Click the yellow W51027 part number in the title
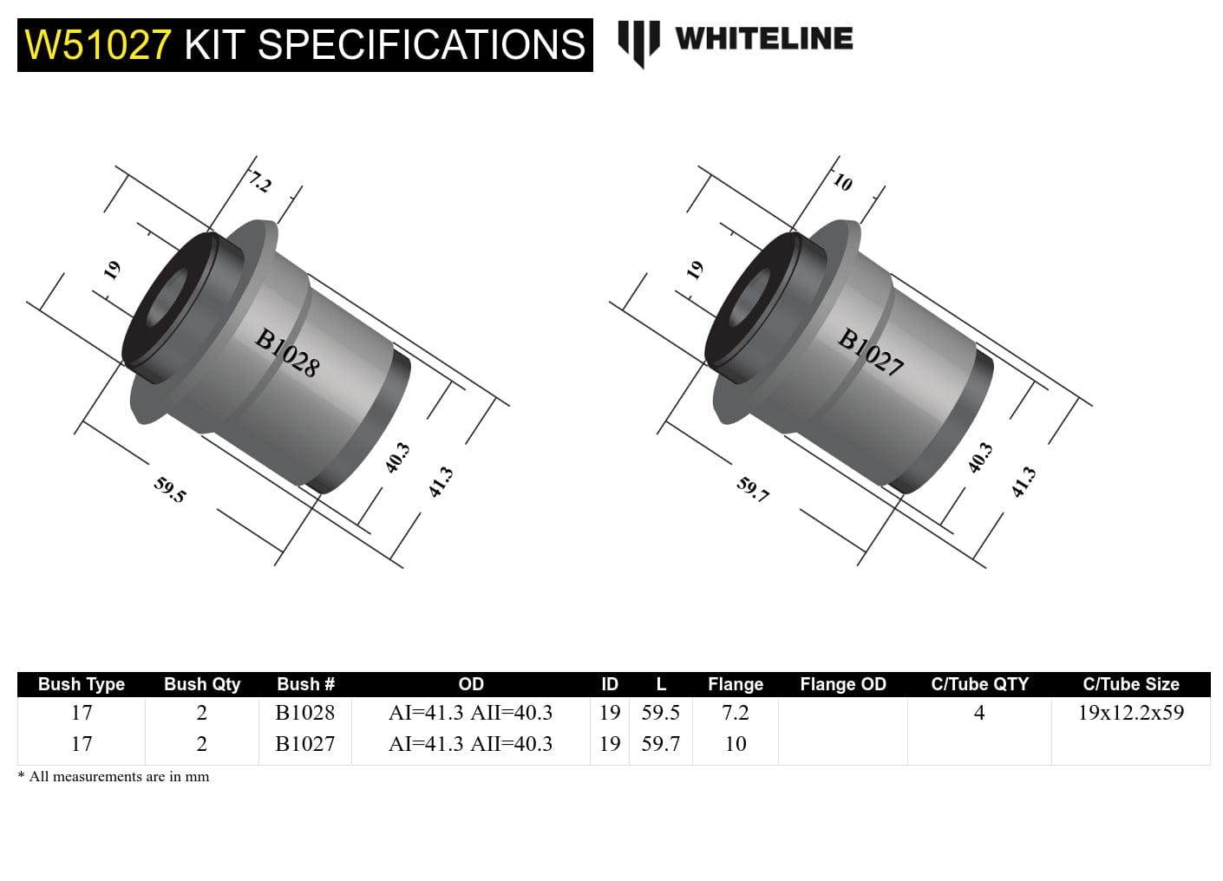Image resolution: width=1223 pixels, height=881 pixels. [98, 45]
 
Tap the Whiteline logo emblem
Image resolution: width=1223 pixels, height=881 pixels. [638, 42]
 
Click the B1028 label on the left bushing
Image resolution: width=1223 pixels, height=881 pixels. [287, 352]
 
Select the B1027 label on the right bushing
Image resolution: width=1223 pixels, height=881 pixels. [870, 352]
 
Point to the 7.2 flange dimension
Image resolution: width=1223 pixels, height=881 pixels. [260, 183]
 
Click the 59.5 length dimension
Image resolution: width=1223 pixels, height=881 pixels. [170, 490]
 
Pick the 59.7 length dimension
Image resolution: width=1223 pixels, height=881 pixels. [753, 490]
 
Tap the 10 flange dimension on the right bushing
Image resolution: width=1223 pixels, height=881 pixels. [842, 182]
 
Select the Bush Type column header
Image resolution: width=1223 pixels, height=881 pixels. [82, 684]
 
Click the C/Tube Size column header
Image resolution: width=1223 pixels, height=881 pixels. [1130, 684]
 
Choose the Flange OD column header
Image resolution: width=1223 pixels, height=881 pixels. [842, 684]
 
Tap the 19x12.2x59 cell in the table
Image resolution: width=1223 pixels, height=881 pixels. [1130, 713]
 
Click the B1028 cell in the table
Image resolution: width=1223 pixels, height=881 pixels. [304, 713]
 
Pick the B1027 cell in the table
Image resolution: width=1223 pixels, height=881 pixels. [304, 744]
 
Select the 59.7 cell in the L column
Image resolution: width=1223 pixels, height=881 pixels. [660, 744]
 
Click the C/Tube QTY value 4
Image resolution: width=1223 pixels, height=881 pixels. [979, 713]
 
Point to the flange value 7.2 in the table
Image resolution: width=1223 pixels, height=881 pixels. [735, 713]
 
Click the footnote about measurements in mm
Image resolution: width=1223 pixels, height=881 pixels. [114, 777]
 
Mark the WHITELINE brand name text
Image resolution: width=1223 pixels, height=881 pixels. [763, 39]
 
